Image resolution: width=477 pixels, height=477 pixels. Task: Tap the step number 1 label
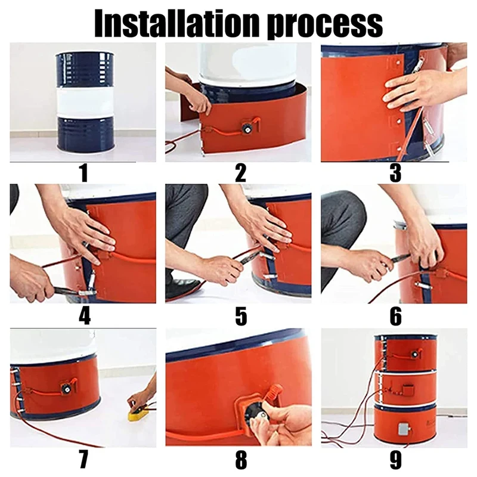83,173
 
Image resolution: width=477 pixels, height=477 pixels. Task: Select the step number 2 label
240,173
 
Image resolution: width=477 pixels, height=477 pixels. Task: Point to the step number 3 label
395,173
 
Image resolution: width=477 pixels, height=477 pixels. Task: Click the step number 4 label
85,316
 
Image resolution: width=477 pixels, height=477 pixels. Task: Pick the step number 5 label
241,316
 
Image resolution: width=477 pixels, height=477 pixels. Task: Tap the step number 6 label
396,316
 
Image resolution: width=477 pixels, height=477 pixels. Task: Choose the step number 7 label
83,459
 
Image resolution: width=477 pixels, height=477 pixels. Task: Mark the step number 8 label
241,459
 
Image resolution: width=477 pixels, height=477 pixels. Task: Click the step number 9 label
396,459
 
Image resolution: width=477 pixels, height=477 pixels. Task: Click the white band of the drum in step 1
85,103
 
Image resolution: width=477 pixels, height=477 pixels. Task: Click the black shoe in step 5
182,287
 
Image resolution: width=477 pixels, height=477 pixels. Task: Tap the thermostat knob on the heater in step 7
66,389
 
